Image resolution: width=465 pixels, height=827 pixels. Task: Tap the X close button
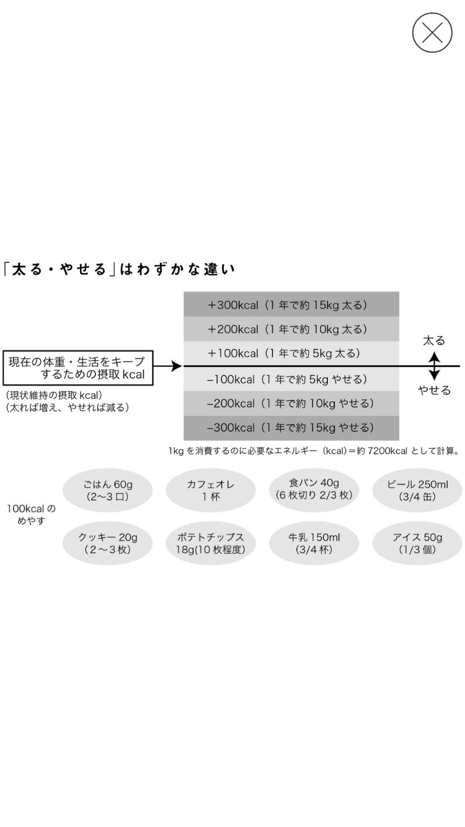(432, 32)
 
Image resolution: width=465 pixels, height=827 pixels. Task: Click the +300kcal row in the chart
(291, 304)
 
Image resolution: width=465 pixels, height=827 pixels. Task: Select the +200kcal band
(291, 329)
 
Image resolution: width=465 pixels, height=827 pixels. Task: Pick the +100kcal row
(291, 353)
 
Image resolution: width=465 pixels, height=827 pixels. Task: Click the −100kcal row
(291, 379)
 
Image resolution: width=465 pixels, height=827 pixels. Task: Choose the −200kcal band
(291, 404)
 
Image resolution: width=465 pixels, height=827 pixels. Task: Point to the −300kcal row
(291, 428)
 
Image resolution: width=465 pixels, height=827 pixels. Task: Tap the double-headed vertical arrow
(434, 366)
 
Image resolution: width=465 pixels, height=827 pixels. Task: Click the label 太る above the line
(434, 341)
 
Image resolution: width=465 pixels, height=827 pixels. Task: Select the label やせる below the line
(434, 391)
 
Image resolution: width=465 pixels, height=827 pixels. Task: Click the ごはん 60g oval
(107, 490)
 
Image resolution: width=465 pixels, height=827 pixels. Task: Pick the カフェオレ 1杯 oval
(211, 490)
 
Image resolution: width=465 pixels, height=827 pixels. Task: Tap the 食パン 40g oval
(314, 489)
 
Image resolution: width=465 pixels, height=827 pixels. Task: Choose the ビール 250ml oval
(417, 490)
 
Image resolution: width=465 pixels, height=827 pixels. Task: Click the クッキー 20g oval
(107, 543)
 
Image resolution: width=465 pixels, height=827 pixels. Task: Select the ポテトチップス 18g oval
(211, 543)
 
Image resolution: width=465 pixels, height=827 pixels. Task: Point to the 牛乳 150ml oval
(314, 543)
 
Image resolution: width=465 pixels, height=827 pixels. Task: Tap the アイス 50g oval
(417, 543)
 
